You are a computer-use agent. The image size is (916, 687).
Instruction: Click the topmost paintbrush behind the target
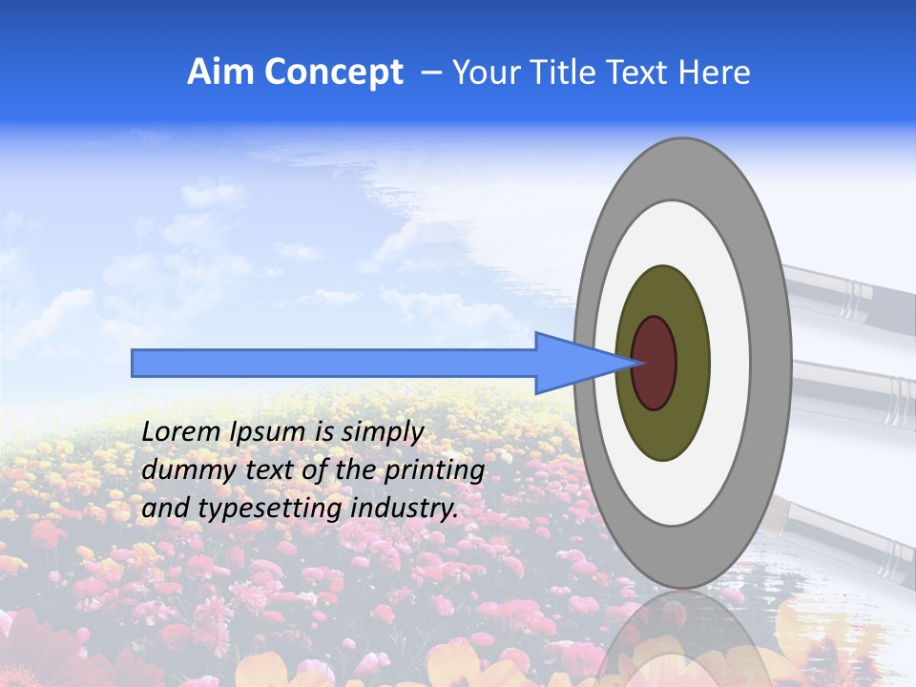coord(849,291)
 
